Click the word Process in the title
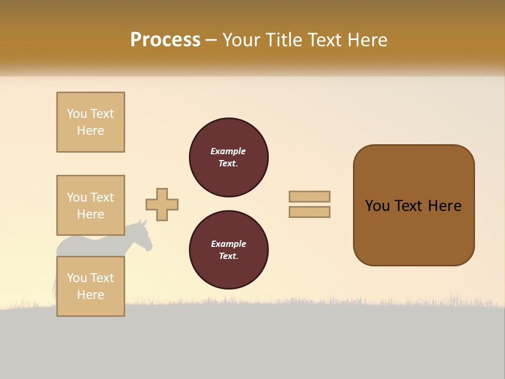click(x=165, y=40)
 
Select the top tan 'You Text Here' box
click(x=90, y=122)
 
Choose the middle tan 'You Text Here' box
click(x=90, y=205)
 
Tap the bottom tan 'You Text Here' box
click(x=90, y=286)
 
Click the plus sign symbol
click(x=162, y=204)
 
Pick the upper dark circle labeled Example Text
click(x=229, y=157)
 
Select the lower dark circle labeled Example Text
click(x=229, y=250)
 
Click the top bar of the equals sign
click(x=309, y=196)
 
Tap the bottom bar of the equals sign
click(x=309, y=212)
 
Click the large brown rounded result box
click(x=413, y=205)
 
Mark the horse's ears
click(x=142, y=222)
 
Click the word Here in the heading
click(x=367, y=40)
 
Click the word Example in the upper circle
click(x=228, y=151)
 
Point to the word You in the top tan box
click(x=77, y=114)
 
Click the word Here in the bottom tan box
click(x=90, y=295)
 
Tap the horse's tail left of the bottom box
click(x=54, y=287)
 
